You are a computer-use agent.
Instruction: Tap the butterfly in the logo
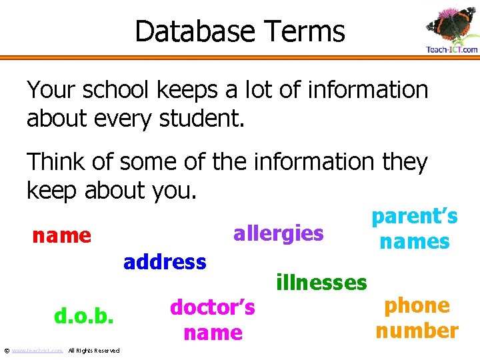tap(449, 25)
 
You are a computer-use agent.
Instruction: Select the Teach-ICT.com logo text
tap(451, 49)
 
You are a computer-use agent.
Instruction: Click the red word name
tap(62, 235)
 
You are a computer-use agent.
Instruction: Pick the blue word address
tap(165, 262)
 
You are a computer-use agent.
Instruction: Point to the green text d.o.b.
tap(84, 315)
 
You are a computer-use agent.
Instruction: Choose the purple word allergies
tap(278, 234)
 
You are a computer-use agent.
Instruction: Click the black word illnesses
tap(321, 283)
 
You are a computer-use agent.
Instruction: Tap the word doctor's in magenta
tap(213, 307)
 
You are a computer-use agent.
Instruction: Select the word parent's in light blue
tap(414, 217)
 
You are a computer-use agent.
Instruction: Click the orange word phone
tap(417, 305)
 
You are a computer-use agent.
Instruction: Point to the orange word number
tap(417, 331)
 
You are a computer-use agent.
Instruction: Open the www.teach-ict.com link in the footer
tap(37, 351)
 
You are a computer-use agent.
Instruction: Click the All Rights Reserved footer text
tap(94, 351)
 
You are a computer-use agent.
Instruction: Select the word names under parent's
tap(414, 241)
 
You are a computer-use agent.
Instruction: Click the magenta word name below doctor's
tap(213, 333)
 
